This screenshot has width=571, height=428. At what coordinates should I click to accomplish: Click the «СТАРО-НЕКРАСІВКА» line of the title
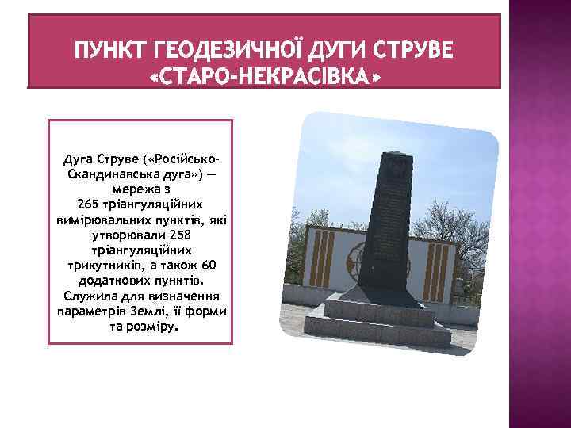(264, 77)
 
